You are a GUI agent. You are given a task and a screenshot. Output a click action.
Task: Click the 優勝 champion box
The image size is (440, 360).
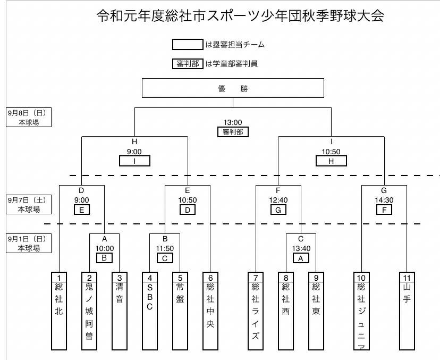(x=233, y=88)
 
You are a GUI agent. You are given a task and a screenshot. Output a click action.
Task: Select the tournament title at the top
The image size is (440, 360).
(x=240, y=16)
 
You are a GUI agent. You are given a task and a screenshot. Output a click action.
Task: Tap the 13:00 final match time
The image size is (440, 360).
(x=233, y=123)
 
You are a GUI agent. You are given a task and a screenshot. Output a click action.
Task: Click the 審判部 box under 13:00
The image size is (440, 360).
(x=233, y=132)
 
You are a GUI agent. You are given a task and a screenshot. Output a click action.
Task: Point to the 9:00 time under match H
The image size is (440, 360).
(x=134, y=152)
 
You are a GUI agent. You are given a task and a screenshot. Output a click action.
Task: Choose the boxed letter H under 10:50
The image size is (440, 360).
(x=331, y=161)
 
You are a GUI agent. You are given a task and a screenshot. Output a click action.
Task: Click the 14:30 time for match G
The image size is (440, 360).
(x=384, y=200)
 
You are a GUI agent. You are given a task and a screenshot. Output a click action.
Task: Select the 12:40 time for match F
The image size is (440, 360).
(x=278, y=200)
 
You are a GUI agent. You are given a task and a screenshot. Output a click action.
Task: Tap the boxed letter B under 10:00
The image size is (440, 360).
(x=104, y=258)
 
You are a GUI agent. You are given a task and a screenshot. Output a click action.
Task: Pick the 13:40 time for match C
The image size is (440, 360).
(x=301, y=248)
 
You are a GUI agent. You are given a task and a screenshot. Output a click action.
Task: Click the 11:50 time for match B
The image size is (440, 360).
(x=165, y=248)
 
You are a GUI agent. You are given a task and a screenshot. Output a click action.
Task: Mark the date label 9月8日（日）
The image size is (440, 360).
(x=29, y=113)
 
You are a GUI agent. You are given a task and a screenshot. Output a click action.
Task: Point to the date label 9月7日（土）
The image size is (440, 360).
(x=29, y=200)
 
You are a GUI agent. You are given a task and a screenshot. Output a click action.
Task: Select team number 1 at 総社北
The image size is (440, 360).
(x=59, y=277)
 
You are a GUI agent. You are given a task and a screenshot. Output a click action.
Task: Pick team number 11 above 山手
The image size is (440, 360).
(x=407, y=277)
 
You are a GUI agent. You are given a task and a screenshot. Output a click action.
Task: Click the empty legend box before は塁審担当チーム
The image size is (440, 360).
(x=188, y=45)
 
